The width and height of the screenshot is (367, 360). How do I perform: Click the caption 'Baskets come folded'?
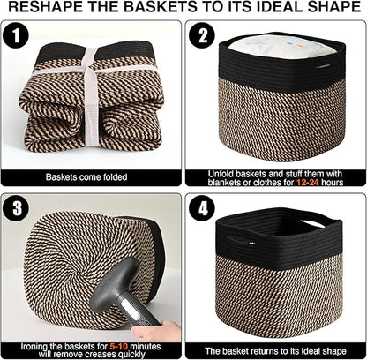92,176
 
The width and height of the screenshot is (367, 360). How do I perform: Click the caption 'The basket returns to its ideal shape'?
275,348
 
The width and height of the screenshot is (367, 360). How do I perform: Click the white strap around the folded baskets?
88,97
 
